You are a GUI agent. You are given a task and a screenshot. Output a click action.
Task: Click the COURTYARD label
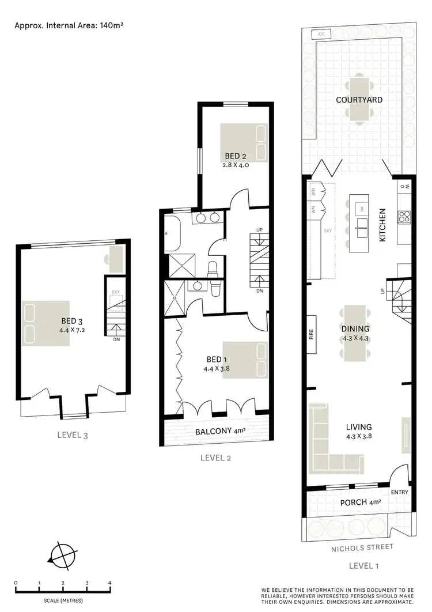click(360, 100)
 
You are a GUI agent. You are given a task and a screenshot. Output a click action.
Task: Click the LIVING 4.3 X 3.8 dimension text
click(358, 436)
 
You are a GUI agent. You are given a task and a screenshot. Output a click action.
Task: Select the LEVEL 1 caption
click(364, 566)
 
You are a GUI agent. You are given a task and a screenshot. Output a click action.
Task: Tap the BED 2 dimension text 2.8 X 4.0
click(235, 165)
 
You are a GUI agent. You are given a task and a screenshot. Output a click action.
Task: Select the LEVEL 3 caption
click(73, 436)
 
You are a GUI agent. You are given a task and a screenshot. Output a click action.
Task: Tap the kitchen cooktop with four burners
click(403, 217)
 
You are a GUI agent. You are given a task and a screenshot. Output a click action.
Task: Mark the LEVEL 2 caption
click(215, 458)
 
